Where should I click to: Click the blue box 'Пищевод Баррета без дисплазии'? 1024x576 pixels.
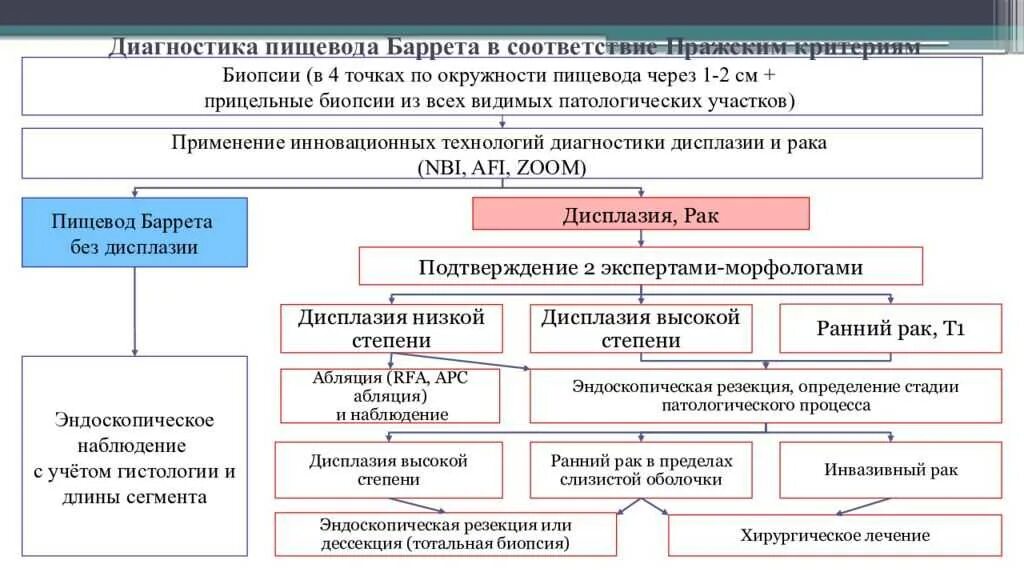[x=134, y=232]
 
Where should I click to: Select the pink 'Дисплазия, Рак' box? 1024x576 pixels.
[x=640, y=214]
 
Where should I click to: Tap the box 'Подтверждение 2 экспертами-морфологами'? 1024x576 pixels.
[x=640, y=267]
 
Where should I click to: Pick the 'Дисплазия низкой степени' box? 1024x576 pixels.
[x=390, y=328]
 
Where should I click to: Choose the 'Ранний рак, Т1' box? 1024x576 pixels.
[x=890, y=328]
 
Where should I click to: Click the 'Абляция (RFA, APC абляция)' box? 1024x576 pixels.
[x=390, y=396]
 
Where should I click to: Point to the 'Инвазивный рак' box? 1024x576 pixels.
[x=890, y=469]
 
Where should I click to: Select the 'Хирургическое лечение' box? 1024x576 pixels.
[x=834, y=535]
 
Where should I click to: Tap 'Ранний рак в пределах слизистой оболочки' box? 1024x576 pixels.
[x=641, y=469]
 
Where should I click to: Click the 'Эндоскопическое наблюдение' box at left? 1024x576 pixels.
[x=134, y=456]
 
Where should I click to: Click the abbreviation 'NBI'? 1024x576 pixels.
[x=444, y=167]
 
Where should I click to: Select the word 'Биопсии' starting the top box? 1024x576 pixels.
[x=261, y=77]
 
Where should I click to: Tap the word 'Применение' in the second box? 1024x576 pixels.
[x=226, y=143]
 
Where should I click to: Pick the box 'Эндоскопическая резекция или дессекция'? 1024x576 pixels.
[x=445, y=535]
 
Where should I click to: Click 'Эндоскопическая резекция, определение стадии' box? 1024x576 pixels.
[x=765, y=396]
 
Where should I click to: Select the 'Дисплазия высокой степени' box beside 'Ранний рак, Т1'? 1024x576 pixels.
[x=640, y=328]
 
